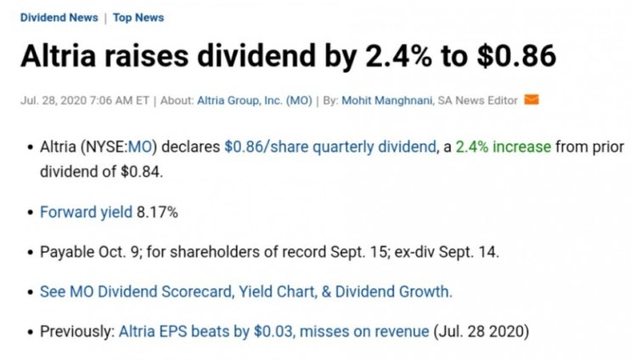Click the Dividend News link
[x=59, y=18]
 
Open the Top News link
[x=138, y=18]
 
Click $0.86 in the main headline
[x=516, y=55]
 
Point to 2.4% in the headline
[x=399, y=55]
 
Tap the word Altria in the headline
[x=59, y=55]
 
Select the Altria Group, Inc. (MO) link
[x=254, y=100]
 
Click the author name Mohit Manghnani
[x=387, y=100]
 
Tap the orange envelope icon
[x=531, y=99]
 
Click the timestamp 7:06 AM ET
[x=120, y=100]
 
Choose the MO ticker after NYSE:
[x=139, y=147]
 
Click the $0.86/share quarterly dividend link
[x=330, y=147]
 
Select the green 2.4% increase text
[x=503, y=147]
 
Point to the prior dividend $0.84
[x=141, y=172]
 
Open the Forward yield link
[x=86, y=212]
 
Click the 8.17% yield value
[x=157, y=212]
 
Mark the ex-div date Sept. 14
[x=469, y=252]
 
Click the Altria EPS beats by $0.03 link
[x=207, y=331]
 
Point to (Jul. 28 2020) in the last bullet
[x=482, y=331]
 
